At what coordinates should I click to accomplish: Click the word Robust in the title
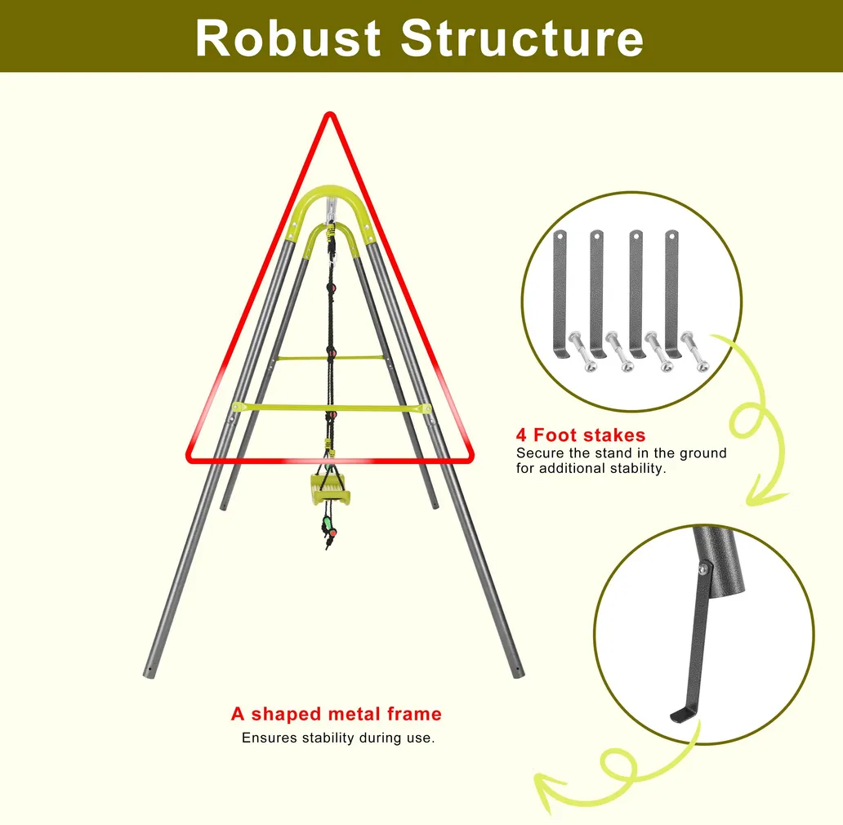(x=288, y=38)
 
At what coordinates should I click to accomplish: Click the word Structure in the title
(x=522, y=38)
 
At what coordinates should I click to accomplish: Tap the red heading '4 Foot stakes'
(x=581, y=435)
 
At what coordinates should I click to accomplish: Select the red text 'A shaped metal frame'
(x=337, y=714)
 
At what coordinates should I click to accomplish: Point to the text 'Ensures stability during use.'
(x=338, y=738)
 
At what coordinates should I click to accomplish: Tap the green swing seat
(x=330, y=489)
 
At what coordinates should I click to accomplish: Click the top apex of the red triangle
(x=330, y=114)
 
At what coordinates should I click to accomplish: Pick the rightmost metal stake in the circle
(x=672, y=295)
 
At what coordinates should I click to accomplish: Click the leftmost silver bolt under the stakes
(x=582, y=351)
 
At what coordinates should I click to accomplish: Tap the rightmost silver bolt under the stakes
(x=695, y=351)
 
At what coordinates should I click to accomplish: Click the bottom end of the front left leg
(x=149, y=673)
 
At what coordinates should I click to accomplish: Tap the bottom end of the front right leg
(x=518, y=672)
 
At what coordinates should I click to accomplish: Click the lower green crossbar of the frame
(x=331, y=408)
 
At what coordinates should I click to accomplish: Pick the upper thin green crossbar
(x=331, y=358)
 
